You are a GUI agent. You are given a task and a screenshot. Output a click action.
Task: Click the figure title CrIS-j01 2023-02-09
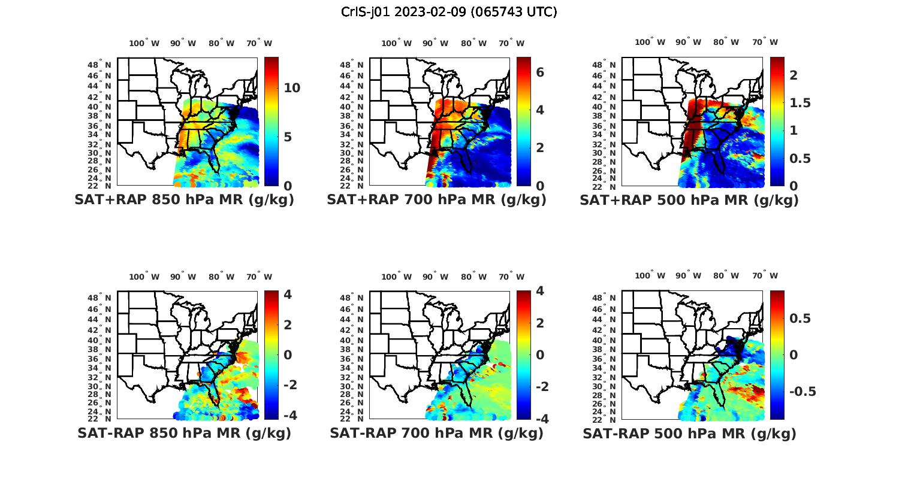449,12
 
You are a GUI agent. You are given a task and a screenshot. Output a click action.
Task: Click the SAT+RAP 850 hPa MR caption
184,200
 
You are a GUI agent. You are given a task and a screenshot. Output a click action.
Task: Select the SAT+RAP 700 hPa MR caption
436,200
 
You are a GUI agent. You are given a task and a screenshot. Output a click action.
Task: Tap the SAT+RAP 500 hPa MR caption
689,200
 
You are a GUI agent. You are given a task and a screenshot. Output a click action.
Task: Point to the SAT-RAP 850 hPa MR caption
184,433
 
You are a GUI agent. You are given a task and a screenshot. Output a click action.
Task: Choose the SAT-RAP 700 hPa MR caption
436,433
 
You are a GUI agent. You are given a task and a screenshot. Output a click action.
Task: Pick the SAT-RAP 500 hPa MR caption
689,434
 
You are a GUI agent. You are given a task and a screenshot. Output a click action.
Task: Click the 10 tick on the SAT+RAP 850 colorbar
292,88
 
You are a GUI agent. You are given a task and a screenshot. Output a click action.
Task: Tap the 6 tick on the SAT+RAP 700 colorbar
539,72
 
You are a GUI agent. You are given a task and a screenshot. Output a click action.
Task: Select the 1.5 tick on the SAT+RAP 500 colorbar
800,103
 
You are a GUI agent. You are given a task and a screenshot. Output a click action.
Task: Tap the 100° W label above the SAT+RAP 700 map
396,43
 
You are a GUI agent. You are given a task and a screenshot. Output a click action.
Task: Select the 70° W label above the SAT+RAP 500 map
765,42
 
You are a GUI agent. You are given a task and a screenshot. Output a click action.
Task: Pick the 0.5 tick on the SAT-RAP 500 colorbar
800,318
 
